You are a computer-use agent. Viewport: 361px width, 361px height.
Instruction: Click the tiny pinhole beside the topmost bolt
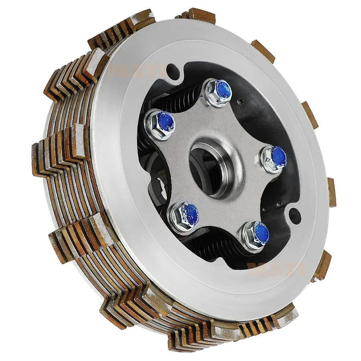[239, 101]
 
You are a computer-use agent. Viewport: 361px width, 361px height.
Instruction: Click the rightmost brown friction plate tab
[331, 192]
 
